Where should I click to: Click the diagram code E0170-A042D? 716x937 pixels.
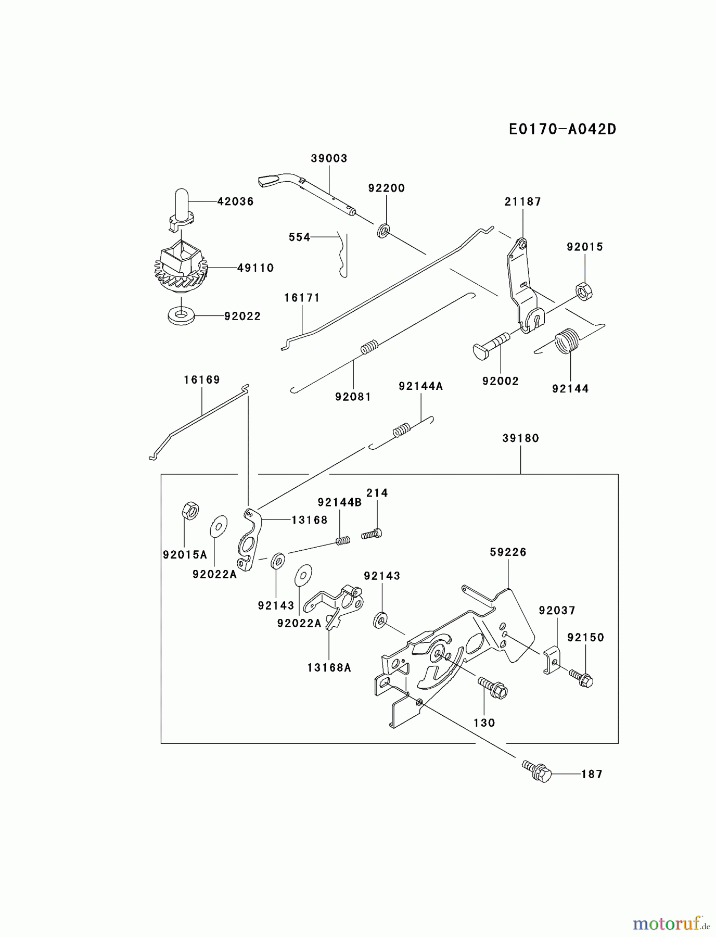(562, 129)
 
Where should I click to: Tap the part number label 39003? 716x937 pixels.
(329, 158)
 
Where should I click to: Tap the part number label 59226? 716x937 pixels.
(508, 552)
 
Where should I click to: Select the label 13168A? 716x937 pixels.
(329, 667)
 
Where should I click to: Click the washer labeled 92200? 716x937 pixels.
(383, 230)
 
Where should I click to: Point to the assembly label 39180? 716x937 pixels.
(520, 438)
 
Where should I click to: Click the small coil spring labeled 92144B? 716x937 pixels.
(342, 541)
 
